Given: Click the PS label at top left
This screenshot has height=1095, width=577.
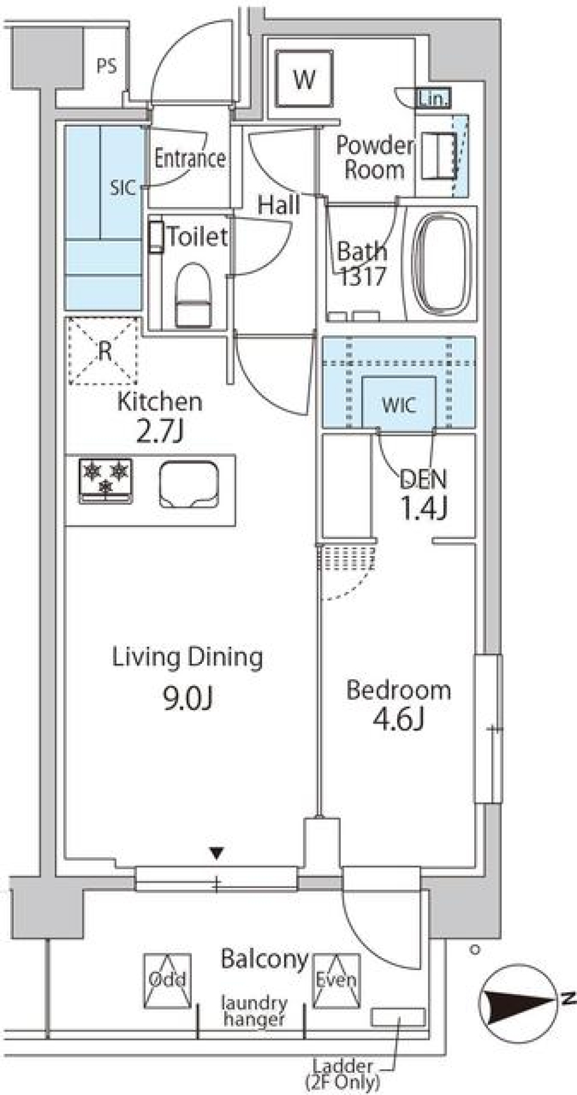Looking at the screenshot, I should (106, 65).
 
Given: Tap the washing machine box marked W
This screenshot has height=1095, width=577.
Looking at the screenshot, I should (304, 79).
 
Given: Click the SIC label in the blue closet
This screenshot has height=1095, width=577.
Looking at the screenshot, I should (122, 188).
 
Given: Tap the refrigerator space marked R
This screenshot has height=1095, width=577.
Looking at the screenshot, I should (104, 351).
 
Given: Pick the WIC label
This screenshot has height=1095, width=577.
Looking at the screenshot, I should (398, 405).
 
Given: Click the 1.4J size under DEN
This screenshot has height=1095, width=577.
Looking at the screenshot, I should (424, 508).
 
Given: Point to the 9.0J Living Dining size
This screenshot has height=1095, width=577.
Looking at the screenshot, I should (188, 699).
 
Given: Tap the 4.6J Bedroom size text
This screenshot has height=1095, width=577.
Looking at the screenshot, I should (398, 720).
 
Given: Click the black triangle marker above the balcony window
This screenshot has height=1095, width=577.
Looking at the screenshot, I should (216, 851).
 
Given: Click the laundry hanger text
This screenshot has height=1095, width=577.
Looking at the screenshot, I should (254, 1010).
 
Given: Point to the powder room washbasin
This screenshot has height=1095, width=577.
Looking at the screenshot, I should (438, 156).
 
